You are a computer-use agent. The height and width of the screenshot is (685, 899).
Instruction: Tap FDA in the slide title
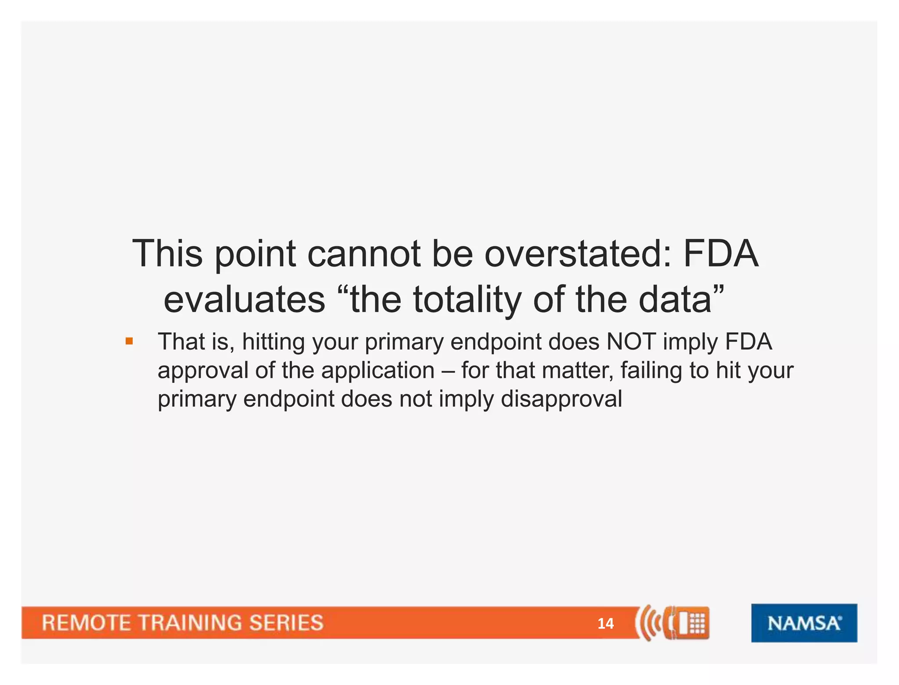(721, 254)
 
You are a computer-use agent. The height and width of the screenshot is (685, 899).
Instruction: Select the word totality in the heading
(467, 300)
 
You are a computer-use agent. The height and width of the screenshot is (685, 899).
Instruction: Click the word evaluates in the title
(245, 300)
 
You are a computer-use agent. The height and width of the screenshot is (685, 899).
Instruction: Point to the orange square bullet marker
(129, 341)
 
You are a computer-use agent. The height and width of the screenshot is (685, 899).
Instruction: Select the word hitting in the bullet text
(273, 342)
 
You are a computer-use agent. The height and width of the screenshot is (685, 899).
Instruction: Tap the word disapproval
(561, 399)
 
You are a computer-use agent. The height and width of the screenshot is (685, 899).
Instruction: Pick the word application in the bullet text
(378, 371)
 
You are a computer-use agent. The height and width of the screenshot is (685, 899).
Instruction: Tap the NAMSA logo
(804, 623)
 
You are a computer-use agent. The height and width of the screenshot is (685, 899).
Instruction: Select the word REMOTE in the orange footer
(86, 623)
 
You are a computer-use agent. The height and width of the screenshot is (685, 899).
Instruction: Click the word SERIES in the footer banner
(286, 623)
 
